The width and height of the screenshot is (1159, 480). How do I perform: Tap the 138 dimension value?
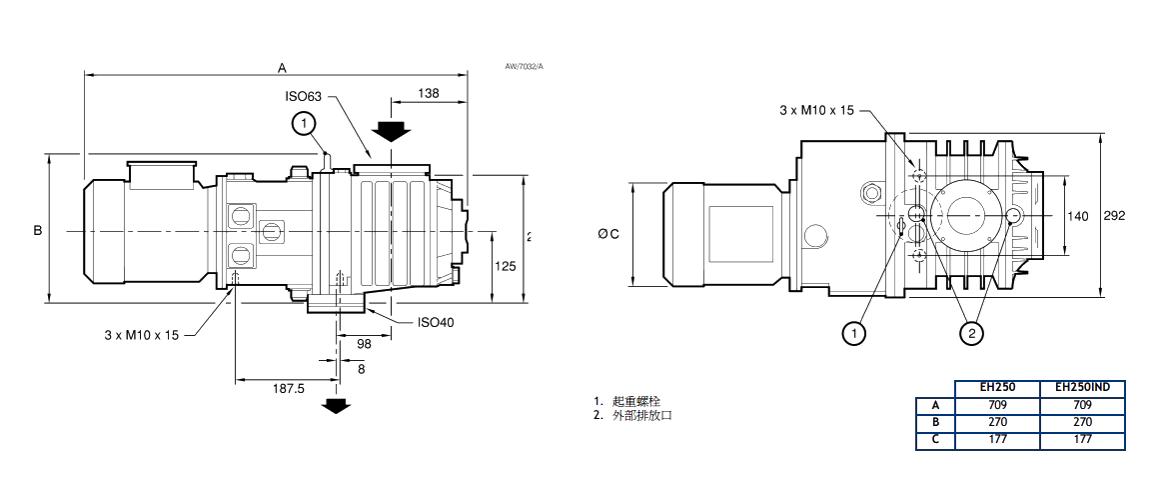(x=428, y=93)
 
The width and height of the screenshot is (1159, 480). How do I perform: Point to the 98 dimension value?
(x=363, y=344)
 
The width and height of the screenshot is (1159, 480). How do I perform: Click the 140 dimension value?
(x=1078, y=216)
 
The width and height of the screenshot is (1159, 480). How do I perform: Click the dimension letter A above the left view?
(x=283, y=67)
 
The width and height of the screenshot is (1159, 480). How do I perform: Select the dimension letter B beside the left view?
(x=38, y=230)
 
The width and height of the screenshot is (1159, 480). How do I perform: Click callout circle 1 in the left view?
(x=304, y=123)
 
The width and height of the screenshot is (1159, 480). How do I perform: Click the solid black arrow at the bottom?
(x=337, y=405)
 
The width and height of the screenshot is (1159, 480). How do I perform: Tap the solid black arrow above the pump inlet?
(x=390, y=130)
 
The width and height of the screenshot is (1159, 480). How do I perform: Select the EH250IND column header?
(x=1082, y=387)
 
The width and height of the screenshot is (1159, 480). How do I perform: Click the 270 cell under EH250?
(x=997, y=422)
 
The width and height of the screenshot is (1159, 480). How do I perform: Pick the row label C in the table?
(x=936, y=439)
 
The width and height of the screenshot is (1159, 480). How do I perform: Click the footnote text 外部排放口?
(x=642, y=414)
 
